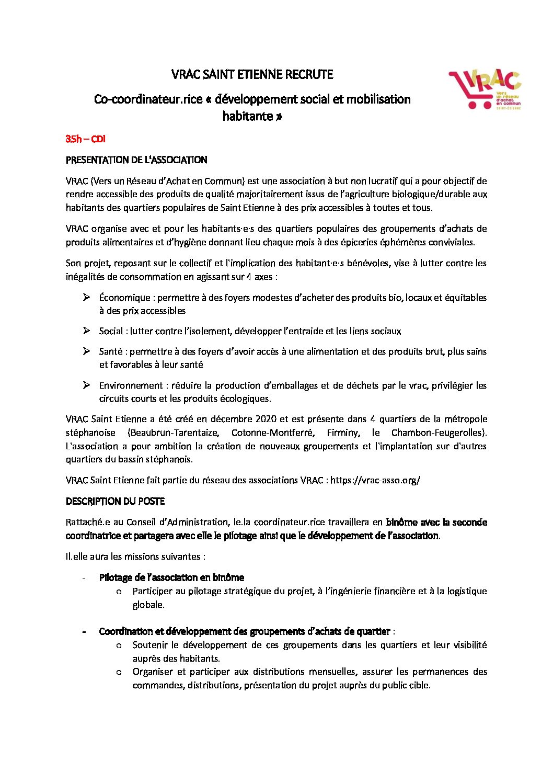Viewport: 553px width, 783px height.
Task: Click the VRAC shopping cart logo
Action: tap(484, 89)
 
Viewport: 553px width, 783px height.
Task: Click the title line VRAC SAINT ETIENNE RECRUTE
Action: tap(252, 75)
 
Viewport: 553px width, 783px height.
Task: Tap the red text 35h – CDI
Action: tap(85, 139)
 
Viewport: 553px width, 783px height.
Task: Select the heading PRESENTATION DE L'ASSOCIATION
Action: tap(136, 160)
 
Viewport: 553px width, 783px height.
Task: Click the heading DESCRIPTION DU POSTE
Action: tap(115, 501)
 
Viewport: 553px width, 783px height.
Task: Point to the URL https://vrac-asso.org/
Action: tap(375, 480)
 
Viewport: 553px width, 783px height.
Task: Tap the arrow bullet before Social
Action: tap(86, 331)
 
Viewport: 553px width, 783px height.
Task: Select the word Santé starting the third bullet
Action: tap(111, 351)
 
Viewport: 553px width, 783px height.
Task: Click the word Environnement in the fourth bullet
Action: tap(131, 385)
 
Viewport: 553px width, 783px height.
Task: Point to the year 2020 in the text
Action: tap(266, 419)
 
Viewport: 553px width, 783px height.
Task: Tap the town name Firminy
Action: tap(342, 433)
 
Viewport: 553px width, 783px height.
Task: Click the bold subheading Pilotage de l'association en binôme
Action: tap(171, 577)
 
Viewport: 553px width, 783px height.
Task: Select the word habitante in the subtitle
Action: tap(248, 116)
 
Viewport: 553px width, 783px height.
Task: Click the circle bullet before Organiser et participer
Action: tap(119, 672)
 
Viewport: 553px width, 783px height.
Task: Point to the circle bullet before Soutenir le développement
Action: tap(119, 645)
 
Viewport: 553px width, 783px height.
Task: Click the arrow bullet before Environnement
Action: tap(86, 385)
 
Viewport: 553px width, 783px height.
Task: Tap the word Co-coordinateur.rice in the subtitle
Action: tap(148, 99)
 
